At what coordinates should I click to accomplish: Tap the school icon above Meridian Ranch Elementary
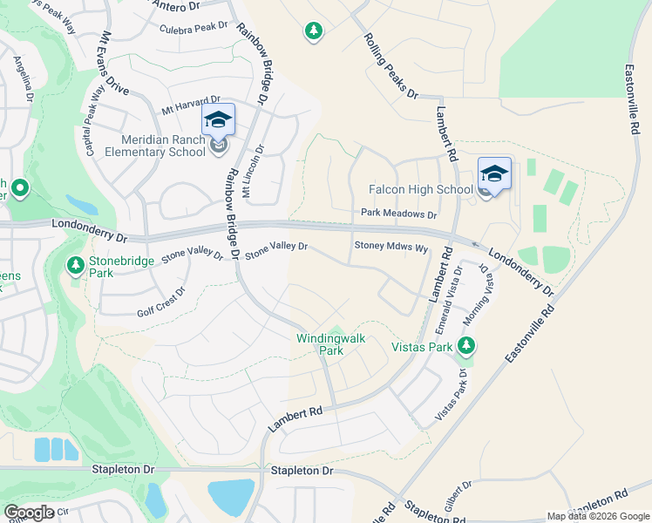pos(218,119)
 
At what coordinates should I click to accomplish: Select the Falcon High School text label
pos(420,189)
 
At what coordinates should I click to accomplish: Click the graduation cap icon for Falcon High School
pos(494,173)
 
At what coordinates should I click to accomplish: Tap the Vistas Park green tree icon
pos(467,346)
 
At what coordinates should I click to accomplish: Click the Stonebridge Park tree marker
pos(77,262)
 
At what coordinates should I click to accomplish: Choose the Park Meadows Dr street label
pos(398,214)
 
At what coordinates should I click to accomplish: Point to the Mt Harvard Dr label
pos(191,105)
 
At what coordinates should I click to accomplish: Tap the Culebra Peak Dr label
pos(194,29)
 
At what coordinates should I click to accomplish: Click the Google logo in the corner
pos(29,513)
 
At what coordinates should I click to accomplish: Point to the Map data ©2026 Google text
pos(597,516)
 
